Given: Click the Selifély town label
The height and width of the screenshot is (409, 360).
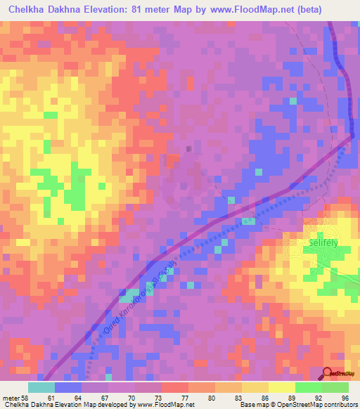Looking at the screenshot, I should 323,241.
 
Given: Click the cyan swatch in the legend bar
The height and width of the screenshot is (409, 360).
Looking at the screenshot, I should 41,387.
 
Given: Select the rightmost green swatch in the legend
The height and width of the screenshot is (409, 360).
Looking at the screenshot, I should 335,387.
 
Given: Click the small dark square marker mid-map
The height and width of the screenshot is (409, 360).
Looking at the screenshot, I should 188,148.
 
